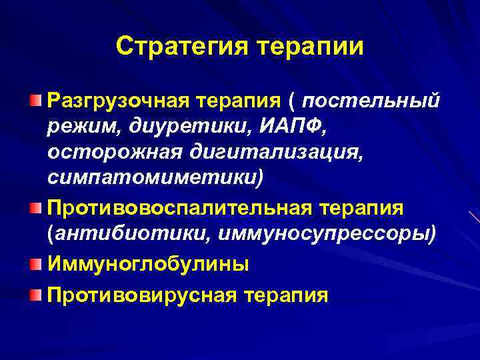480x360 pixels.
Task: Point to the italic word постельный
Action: click(371, 101)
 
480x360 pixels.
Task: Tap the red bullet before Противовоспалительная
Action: click(35, 209)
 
